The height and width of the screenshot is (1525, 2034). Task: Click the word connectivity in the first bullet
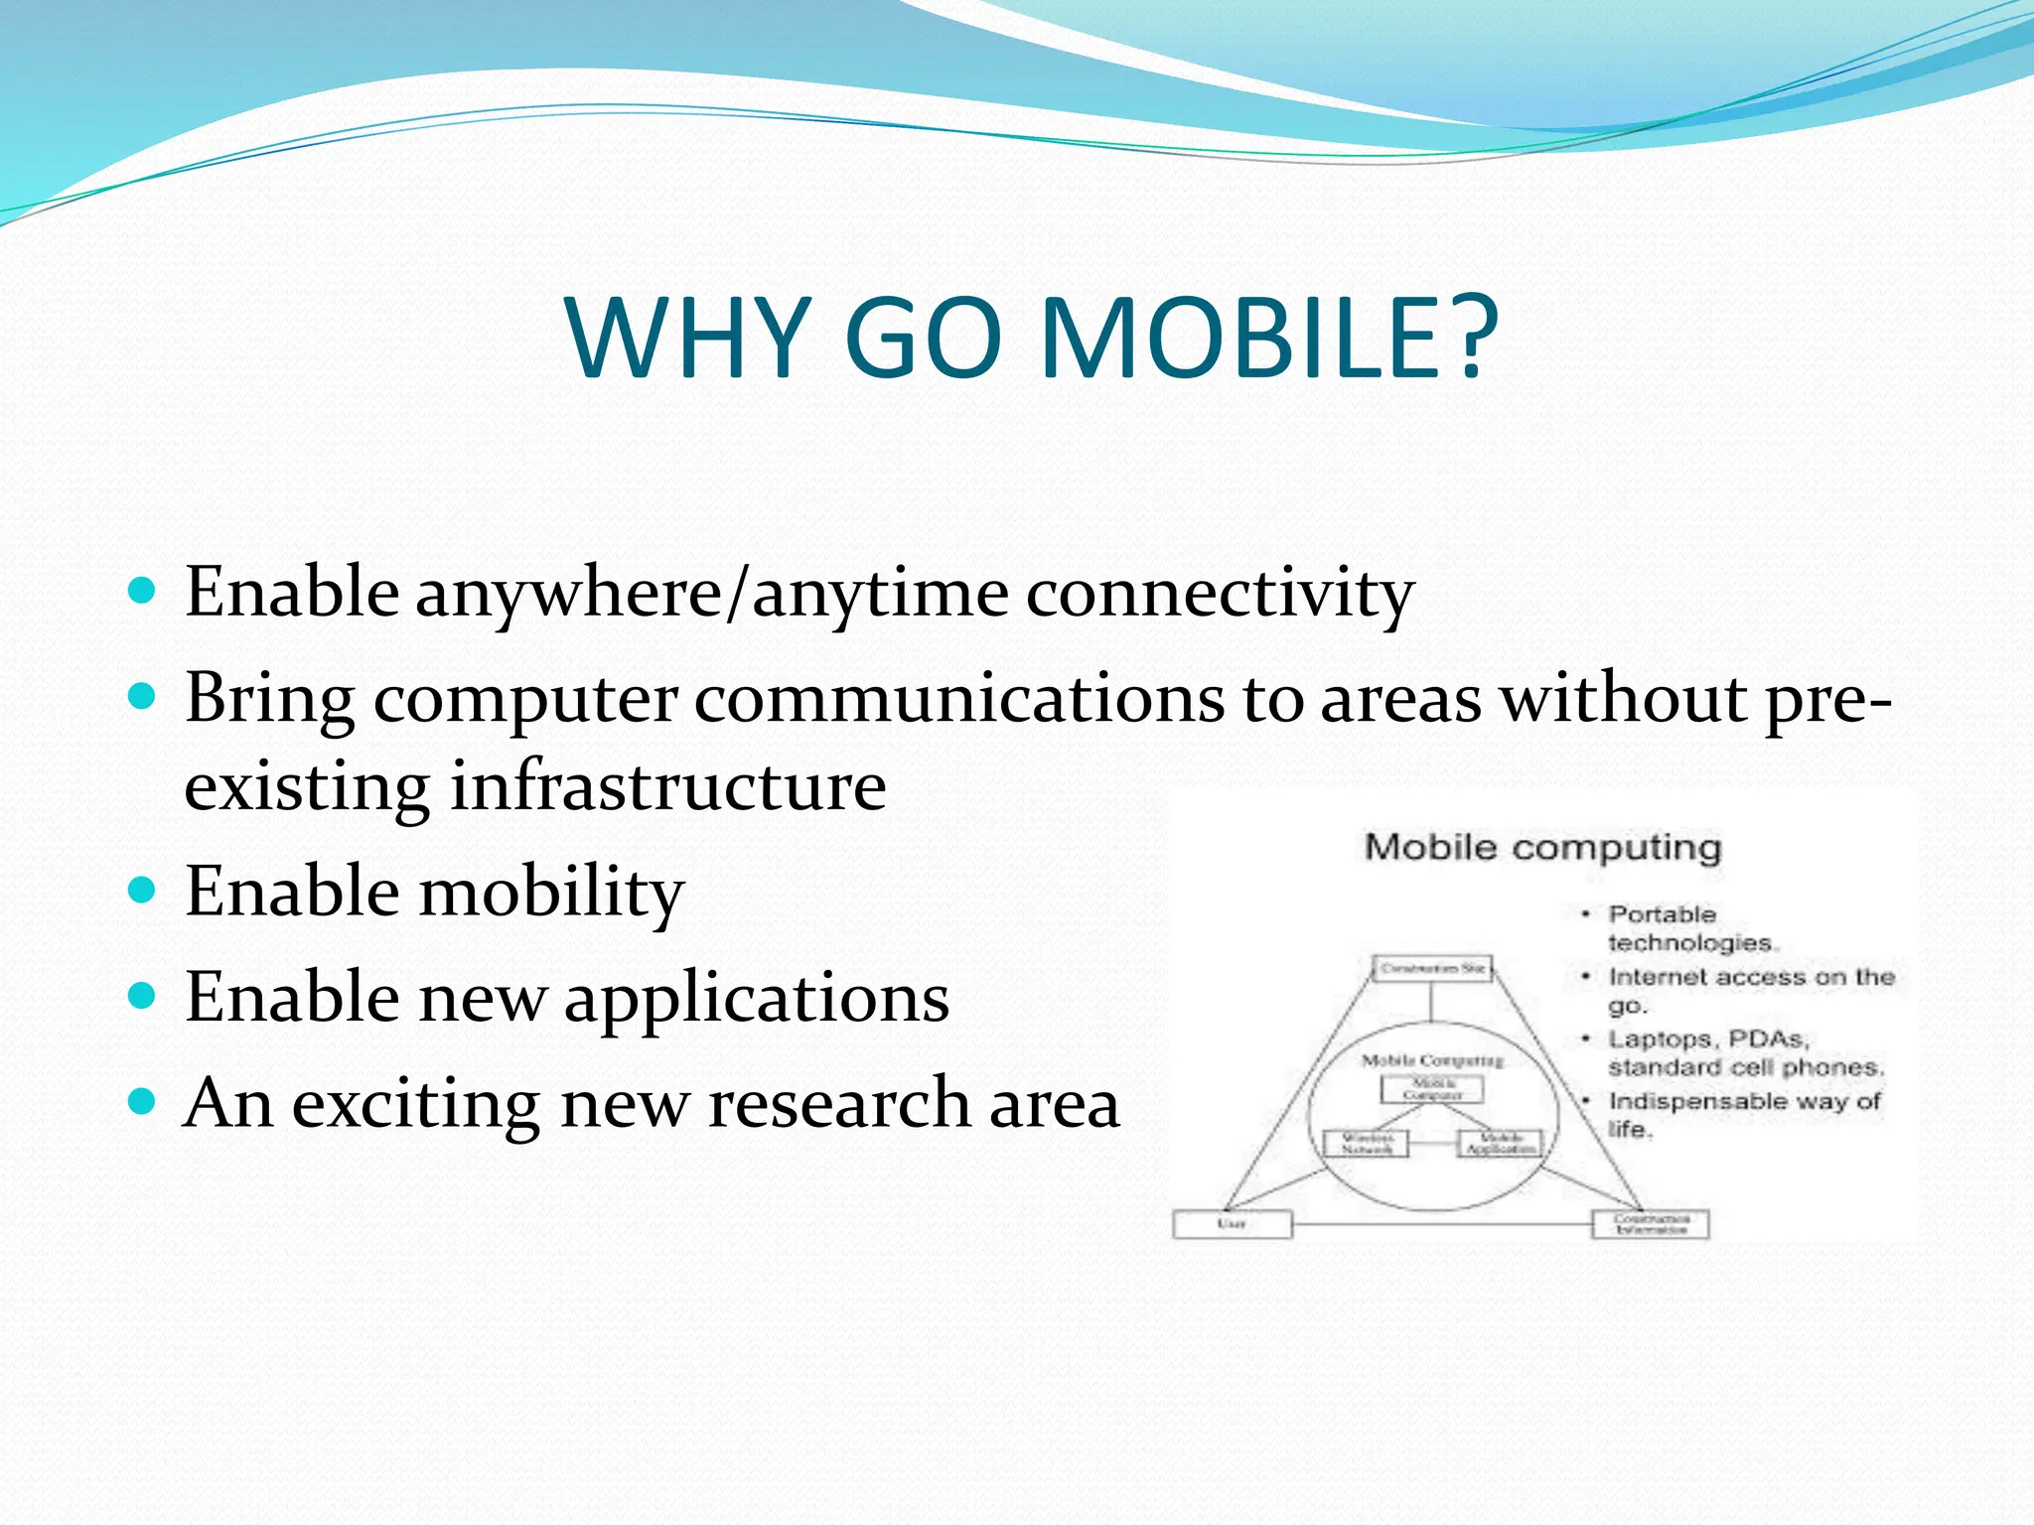(1220, 594)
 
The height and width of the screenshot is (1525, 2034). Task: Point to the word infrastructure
(667, 786)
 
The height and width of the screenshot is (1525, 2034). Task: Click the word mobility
(552, 892)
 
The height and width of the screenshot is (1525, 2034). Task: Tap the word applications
(757, 997)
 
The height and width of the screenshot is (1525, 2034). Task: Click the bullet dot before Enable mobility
(143, 889)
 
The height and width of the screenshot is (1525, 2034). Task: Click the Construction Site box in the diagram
(1432, 968)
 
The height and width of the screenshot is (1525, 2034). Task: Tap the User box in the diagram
(1232, 1224)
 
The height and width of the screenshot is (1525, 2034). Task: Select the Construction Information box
(1650, 1224)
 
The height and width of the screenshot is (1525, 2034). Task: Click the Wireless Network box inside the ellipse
(1367, 1143)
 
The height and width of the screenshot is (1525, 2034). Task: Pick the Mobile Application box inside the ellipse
(1500, 1143)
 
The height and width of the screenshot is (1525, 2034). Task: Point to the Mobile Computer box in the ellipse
(1432, 1089)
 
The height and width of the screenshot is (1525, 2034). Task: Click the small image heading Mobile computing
(1542, 848)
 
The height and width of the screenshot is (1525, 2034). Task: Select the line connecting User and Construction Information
(1440, 1224)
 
